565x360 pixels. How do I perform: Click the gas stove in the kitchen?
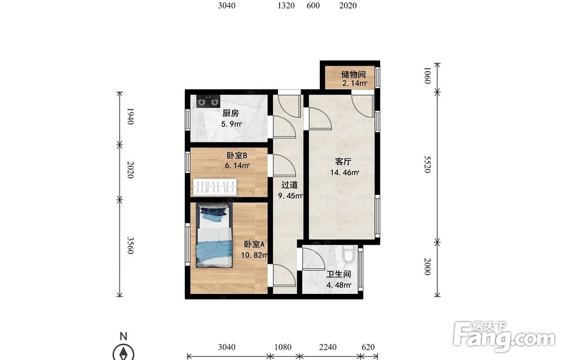point(208,102)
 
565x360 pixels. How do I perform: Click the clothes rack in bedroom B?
point(215,188)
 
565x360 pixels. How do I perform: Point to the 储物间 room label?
point(354,74)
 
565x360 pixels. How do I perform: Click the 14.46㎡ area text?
point(345,172)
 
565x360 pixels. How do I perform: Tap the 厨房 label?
point(231,113)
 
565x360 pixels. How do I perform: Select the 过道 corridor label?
point(289,185)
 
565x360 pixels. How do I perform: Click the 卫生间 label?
point(338,274)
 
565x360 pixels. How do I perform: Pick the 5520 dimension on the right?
point(427,164)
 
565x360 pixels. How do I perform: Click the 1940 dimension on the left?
point(131,116)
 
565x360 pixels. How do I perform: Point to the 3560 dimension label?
point(131,245)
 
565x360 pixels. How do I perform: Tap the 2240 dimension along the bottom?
point(328,347)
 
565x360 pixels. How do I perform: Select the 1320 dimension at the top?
point(286,6)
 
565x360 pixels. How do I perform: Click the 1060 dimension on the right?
point(427,75)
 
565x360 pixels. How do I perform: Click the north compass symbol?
point(124,352)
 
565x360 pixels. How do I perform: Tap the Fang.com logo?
point(504,336)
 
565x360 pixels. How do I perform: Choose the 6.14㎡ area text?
point(237,166)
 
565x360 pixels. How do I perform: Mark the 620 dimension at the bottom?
point(368,347)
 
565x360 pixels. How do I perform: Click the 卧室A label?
point(254,244)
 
